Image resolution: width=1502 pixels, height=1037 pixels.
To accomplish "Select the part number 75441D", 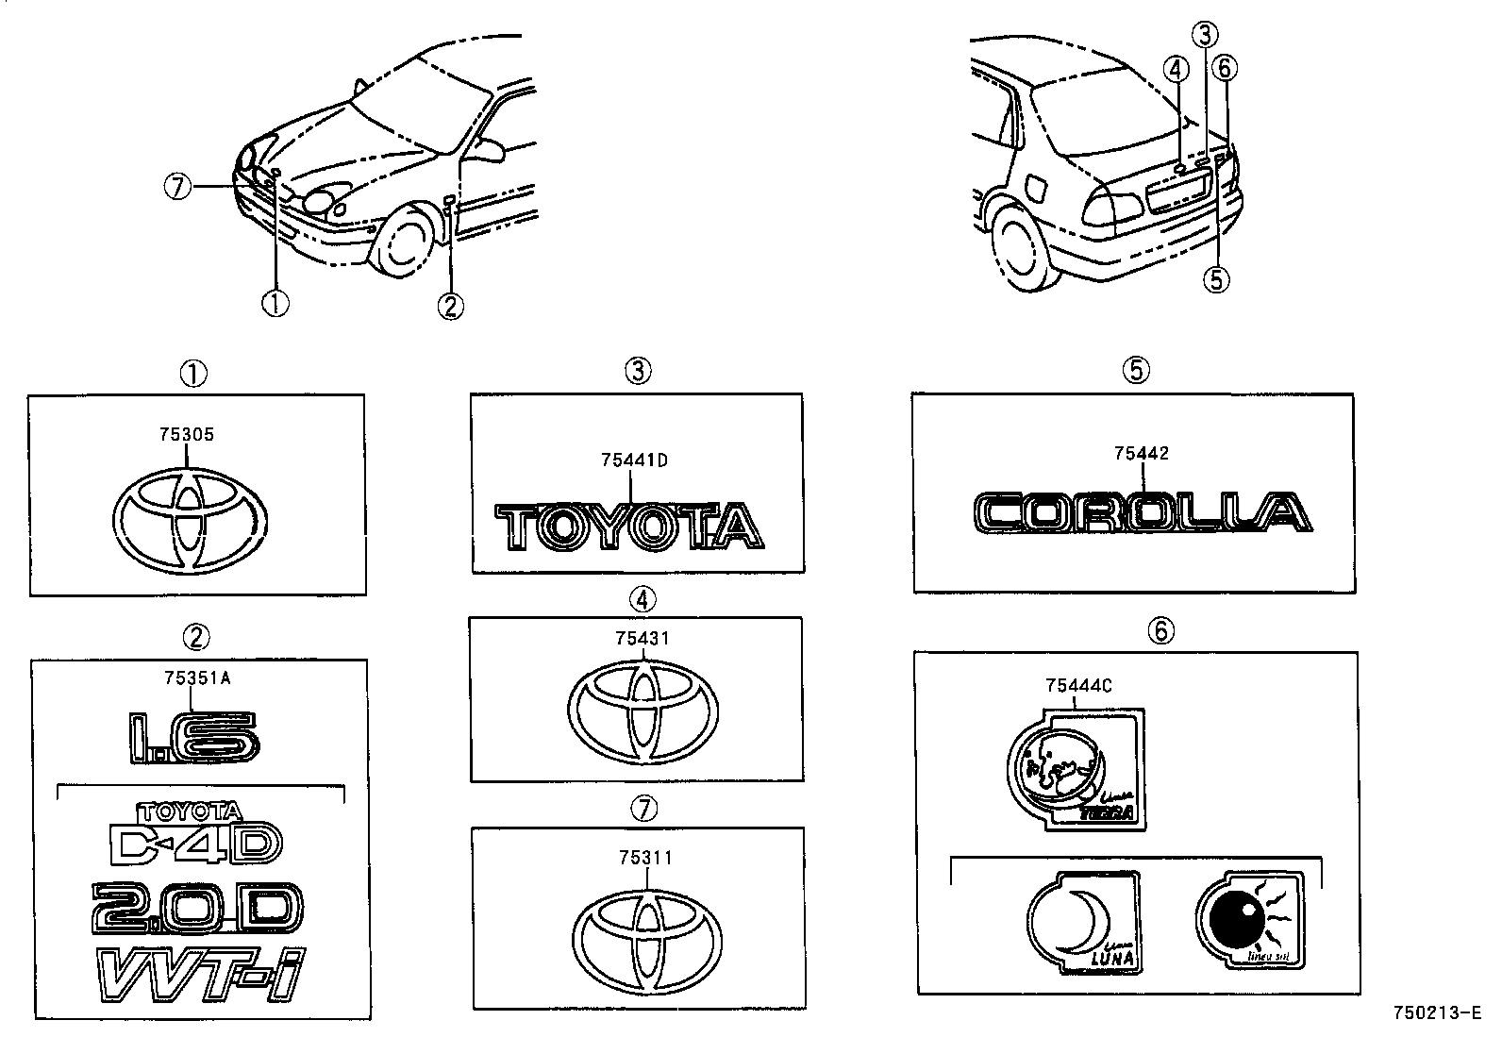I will [634, 460].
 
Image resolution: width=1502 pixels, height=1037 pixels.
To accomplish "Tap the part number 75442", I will [1141, 454].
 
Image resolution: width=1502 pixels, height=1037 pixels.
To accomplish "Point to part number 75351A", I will [196, 677].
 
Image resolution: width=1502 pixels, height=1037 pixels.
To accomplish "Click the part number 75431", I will [643, 639].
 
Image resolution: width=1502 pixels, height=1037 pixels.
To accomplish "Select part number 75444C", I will [1078, 686].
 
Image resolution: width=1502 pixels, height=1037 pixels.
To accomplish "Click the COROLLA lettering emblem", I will [1141, 513].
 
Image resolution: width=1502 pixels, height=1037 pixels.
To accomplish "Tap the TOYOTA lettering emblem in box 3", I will [629, 526].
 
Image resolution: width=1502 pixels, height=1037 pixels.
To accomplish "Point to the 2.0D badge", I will [197, 908].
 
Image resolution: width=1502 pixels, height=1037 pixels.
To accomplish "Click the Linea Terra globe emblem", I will [1076, 769].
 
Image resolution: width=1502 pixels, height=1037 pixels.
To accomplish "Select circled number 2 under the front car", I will [450, 306].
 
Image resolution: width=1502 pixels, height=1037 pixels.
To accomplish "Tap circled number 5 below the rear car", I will [1217, 278].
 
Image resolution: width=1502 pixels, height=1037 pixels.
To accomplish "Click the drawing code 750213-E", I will [1438, 1014].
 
